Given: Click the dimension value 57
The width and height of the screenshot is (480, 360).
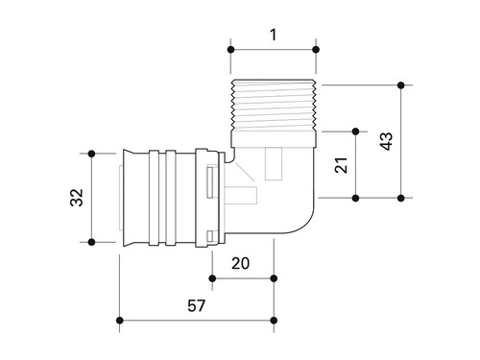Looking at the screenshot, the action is [196, 305].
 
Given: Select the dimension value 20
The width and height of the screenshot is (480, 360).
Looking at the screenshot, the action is [240, 263].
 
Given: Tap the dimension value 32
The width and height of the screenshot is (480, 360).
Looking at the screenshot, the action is [77, 198].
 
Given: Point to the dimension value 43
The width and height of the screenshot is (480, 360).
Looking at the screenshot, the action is [386, 141].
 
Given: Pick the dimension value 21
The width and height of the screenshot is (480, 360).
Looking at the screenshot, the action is [341, 165].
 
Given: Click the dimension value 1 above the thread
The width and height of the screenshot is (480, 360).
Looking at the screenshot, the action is [273, 35].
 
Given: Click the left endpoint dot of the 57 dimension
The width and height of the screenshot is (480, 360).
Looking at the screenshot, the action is [120, 321].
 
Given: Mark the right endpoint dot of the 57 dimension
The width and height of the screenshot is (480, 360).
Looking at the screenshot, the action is [274, 321].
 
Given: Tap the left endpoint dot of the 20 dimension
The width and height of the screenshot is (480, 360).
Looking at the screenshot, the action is [212, 278].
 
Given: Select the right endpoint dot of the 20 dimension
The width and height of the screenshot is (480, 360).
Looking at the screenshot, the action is [274, 278].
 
